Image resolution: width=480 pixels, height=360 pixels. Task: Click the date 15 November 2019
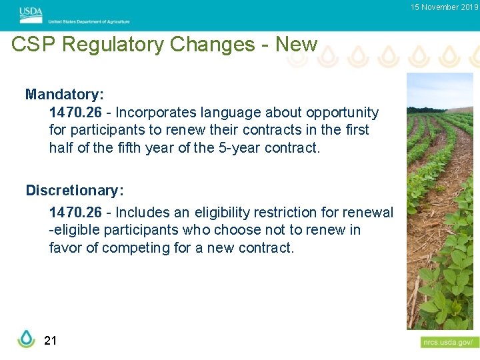click(445, 7)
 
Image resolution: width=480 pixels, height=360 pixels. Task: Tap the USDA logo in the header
click(31, 11)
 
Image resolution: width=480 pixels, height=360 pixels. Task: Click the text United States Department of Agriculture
click(89, 22)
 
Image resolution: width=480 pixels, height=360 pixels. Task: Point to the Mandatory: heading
click(64, 95)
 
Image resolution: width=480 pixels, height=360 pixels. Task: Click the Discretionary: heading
click(75, 191)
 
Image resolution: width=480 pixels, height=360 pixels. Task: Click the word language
click(231, 113)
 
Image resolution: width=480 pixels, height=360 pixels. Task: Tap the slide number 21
click(50, 341)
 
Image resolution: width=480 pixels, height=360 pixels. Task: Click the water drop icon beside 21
click(26, 339)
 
